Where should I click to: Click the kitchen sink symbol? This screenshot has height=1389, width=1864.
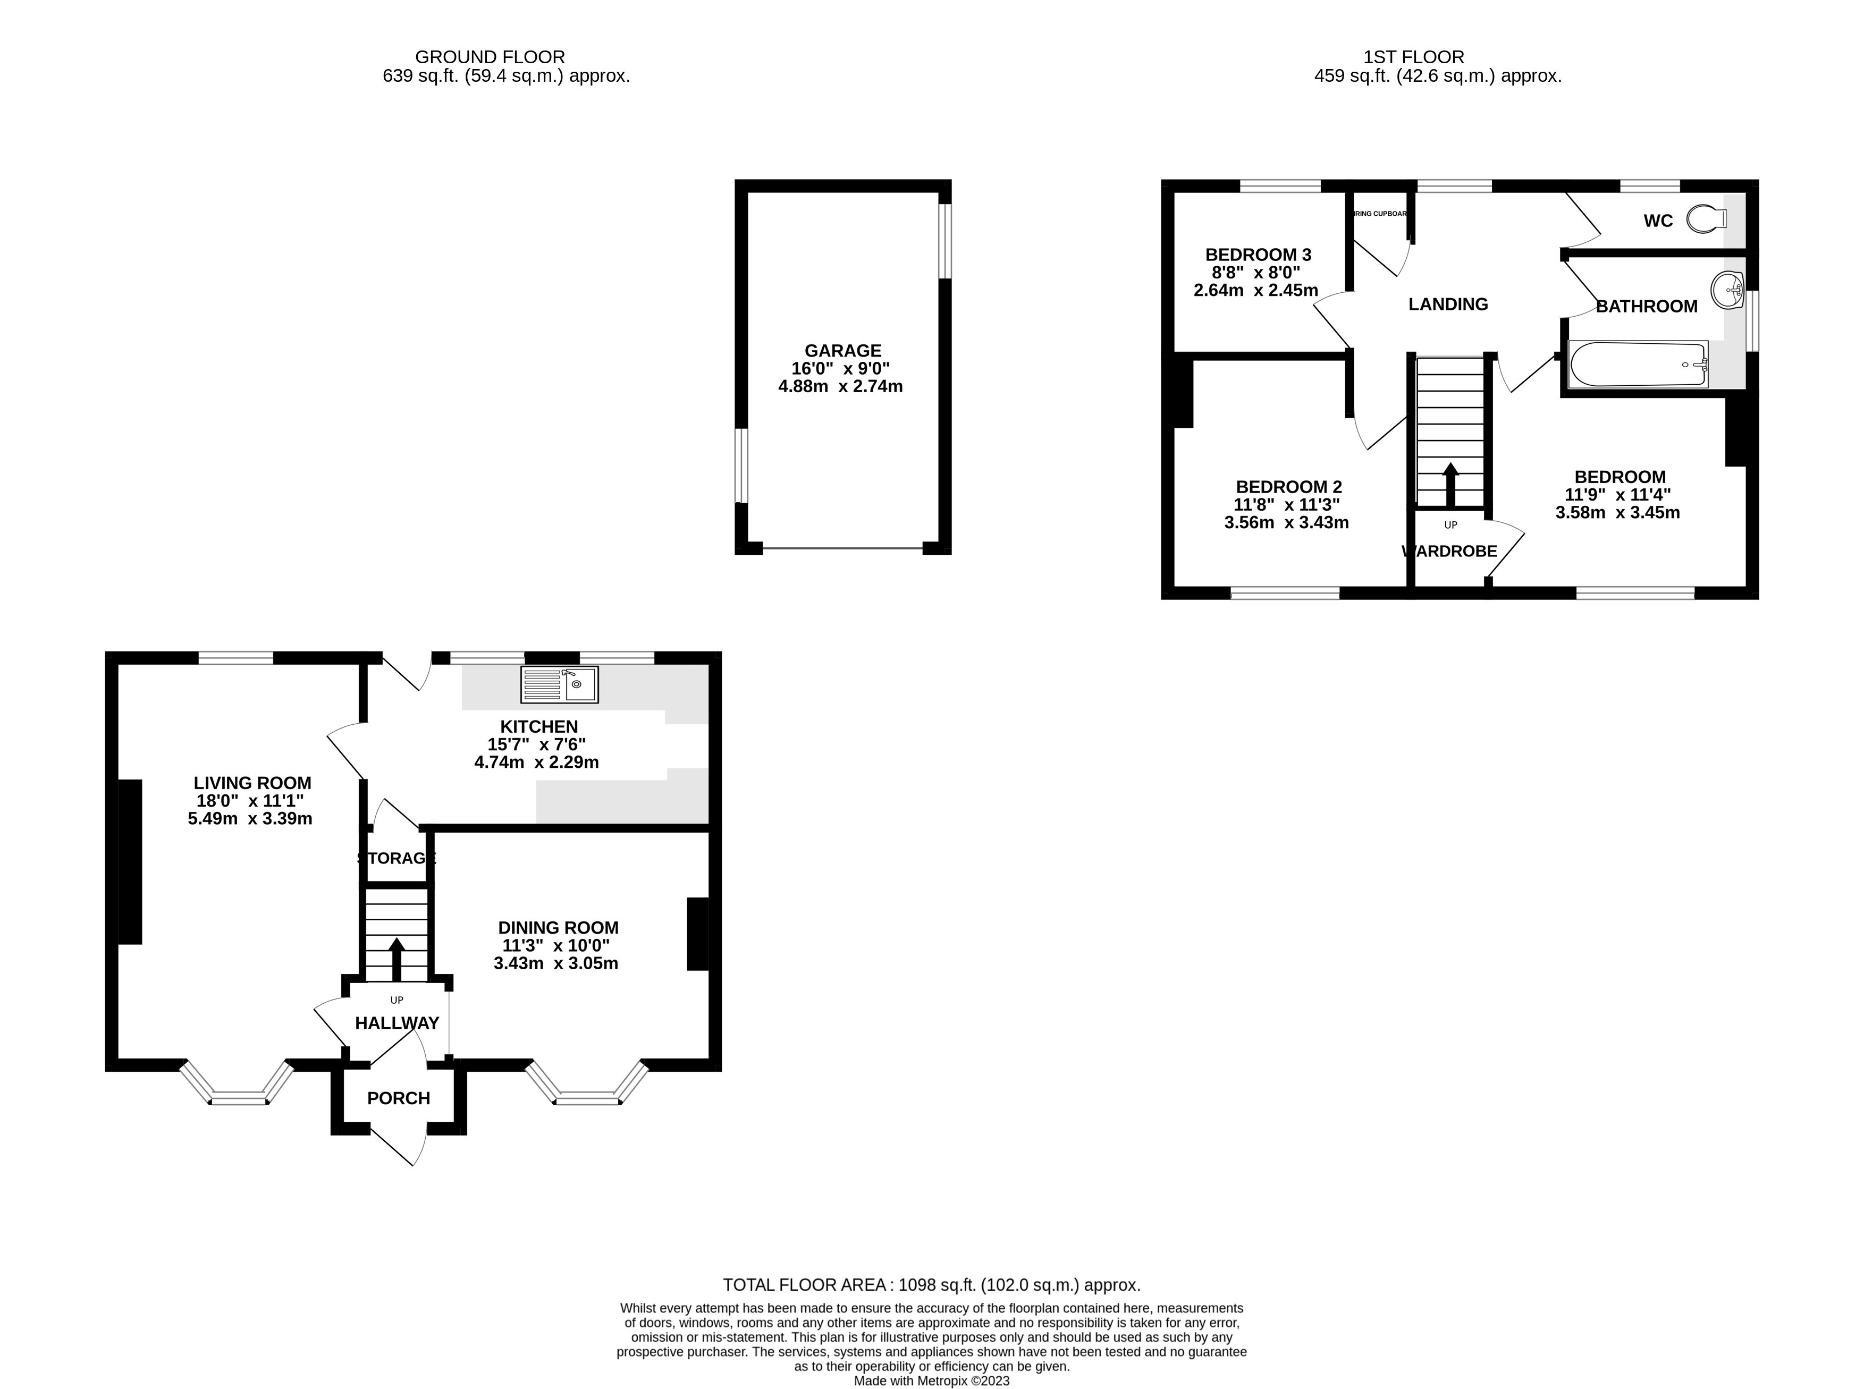559,684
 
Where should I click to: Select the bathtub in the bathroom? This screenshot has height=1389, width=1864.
1638,364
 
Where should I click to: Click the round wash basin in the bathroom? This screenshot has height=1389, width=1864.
1726,291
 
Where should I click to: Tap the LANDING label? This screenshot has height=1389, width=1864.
1448,304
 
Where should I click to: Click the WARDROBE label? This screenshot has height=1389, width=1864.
1449,552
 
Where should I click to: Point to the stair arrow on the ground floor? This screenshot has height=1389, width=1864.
396,959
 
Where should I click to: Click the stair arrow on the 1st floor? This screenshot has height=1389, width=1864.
1450,484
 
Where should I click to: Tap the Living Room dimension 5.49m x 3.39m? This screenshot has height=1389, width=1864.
250,819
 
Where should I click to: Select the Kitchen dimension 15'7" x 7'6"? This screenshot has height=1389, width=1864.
536,744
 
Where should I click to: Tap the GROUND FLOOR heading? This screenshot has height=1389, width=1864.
490,57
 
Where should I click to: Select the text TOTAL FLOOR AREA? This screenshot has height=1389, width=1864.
805,1285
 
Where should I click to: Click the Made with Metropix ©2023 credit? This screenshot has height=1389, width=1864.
932,1380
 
